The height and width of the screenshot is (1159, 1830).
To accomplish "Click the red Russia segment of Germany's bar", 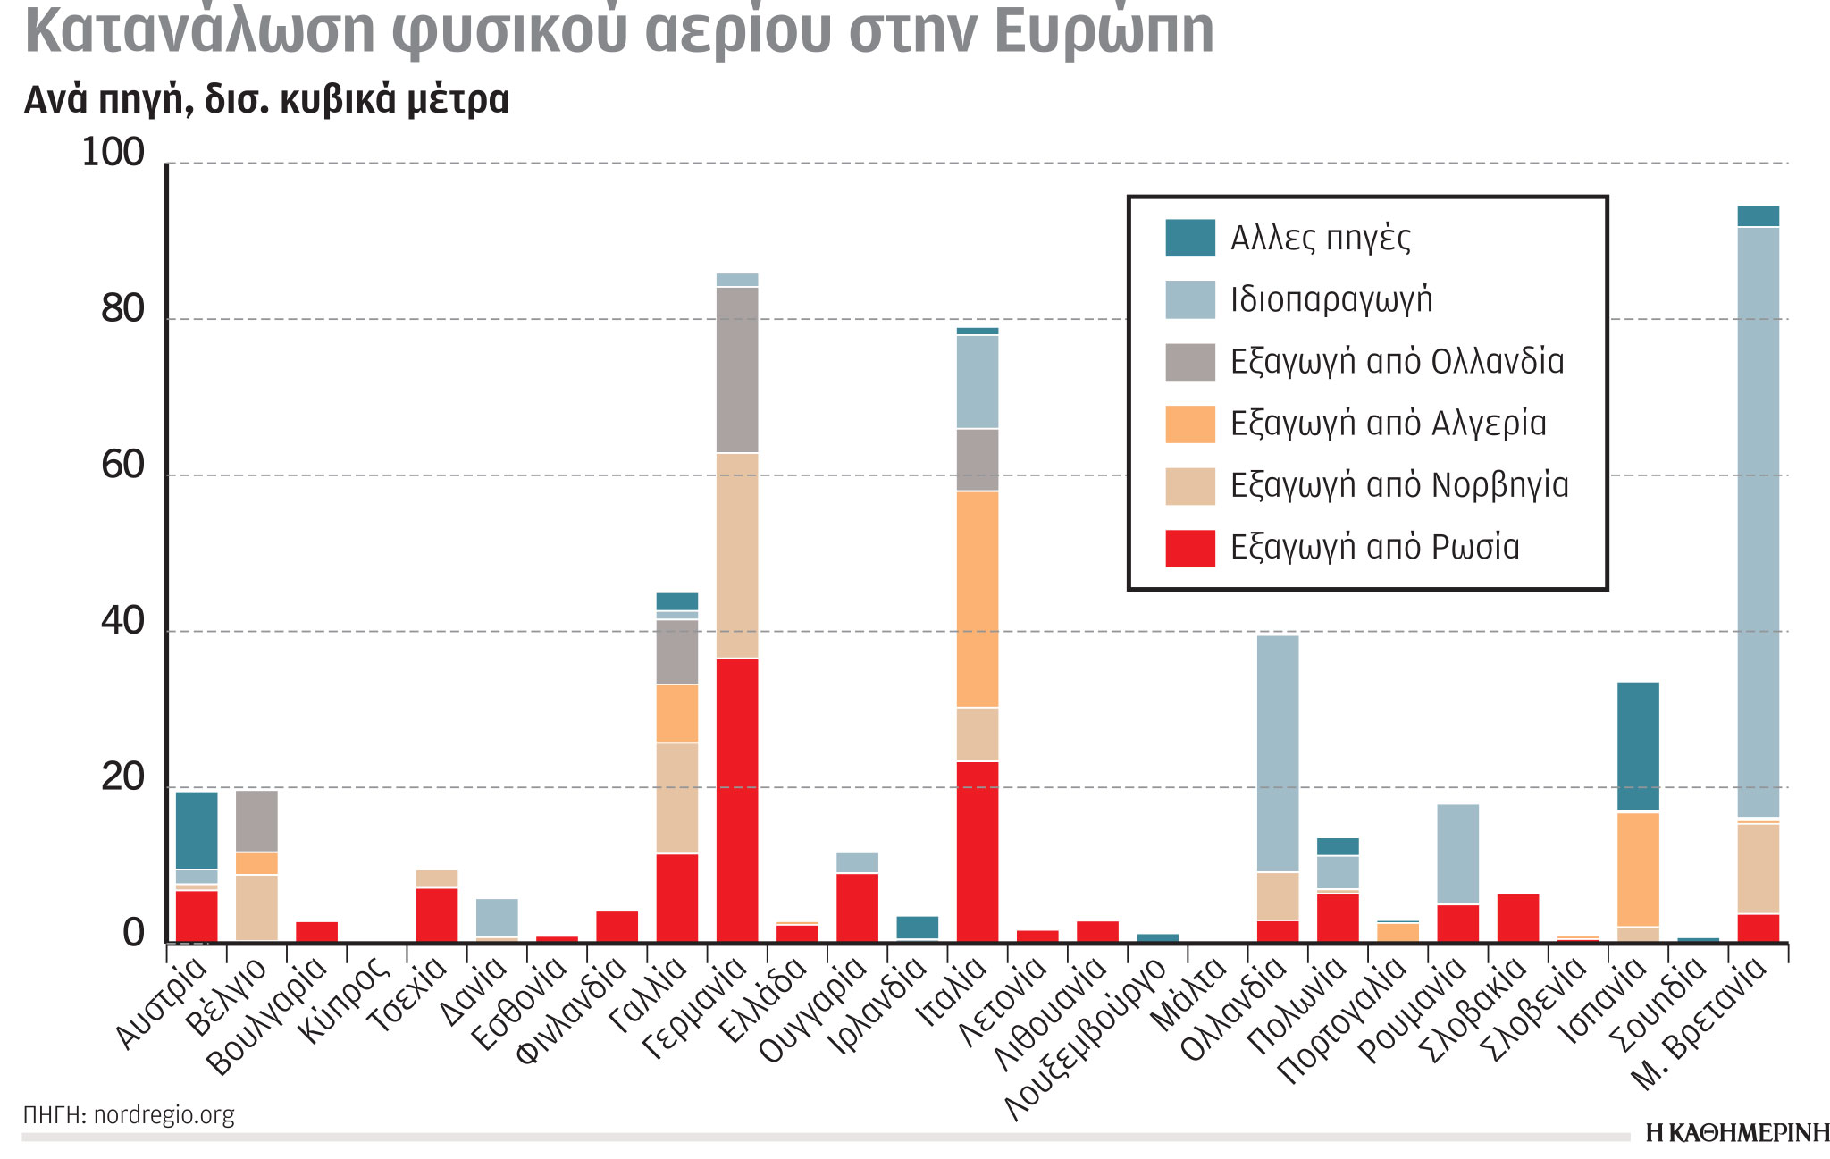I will point(737,800).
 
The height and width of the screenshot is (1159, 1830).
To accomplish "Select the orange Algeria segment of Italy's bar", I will point(978,599).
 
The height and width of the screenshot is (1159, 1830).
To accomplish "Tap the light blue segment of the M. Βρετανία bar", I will point(1758,523).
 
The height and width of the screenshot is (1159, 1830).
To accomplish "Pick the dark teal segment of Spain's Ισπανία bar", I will point(1638,746).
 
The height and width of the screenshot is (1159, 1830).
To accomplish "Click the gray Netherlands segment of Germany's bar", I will point(737,370).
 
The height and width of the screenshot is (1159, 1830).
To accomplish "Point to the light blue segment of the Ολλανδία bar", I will point(1278,753).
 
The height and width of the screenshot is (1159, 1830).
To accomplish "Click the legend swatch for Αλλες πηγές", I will point(1189,238).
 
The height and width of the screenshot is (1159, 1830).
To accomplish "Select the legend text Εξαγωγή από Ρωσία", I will point(1374,548).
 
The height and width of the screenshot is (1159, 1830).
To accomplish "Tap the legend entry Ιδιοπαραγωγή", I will point(1331,300).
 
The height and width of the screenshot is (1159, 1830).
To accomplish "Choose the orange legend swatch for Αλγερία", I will point(1189,424).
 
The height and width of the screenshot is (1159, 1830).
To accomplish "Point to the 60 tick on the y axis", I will point(123,466).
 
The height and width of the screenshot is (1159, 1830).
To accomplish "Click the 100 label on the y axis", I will point(113,153).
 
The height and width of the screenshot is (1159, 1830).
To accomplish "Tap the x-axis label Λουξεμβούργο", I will point(1086,1041).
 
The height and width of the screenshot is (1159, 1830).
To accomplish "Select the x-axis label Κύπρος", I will point(344,999).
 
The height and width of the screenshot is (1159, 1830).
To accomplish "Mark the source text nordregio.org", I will point(164,1115).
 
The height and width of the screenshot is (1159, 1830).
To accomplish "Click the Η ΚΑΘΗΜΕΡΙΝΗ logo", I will point(1736,1133).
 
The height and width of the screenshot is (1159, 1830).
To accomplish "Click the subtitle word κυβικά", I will point(337,100).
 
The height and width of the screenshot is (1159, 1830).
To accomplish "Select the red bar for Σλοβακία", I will point(1517,917).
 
